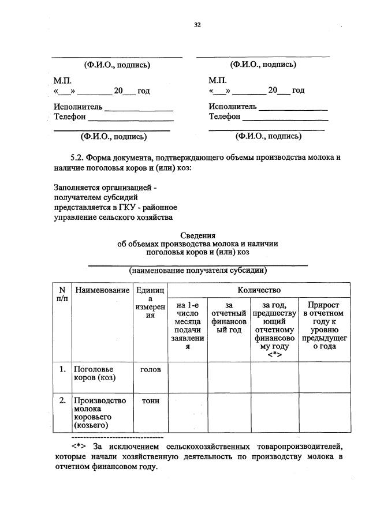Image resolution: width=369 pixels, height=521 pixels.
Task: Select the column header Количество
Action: pos(258,289)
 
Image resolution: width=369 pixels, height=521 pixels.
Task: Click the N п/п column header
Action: pos(62,294)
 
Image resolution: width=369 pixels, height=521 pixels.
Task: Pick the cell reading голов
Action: pos(150,369)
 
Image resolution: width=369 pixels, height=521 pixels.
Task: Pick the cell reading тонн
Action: pos(150,400)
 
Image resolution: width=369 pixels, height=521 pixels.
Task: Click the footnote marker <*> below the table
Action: pos(79,447)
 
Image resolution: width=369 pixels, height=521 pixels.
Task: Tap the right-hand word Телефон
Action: pos(225,117)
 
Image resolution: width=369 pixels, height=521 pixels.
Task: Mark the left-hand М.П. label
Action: pos(62,81)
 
